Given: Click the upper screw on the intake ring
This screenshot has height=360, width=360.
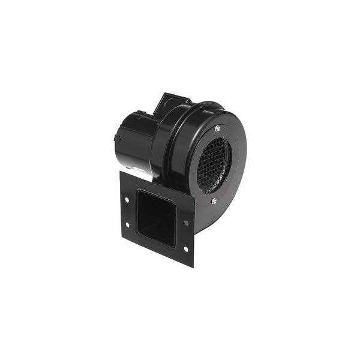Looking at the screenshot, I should pyautogui.click(x=217, y=127).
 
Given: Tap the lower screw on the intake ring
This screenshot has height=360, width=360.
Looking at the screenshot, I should pyautogui.click(x=215, y=202).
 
